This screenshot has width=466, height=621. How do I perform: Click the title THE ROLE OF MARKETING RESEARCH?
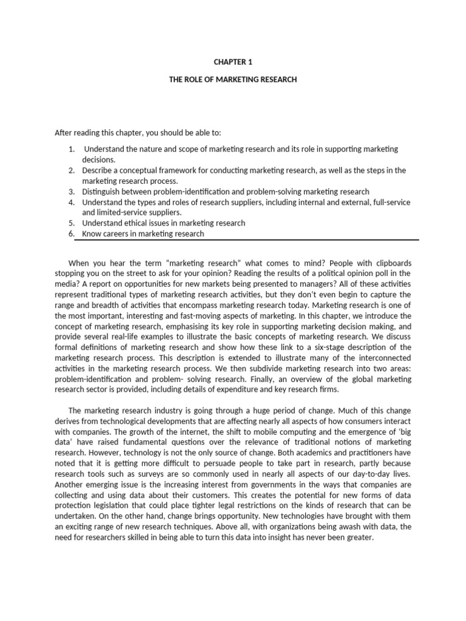click(233, 79)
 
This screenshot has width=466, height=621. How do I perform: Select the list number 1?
click(71, 149)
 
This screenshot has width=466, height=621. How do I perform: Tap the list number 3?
click(71, 192)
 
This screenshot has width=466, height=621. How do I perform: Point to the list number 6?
click(71, 234)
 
